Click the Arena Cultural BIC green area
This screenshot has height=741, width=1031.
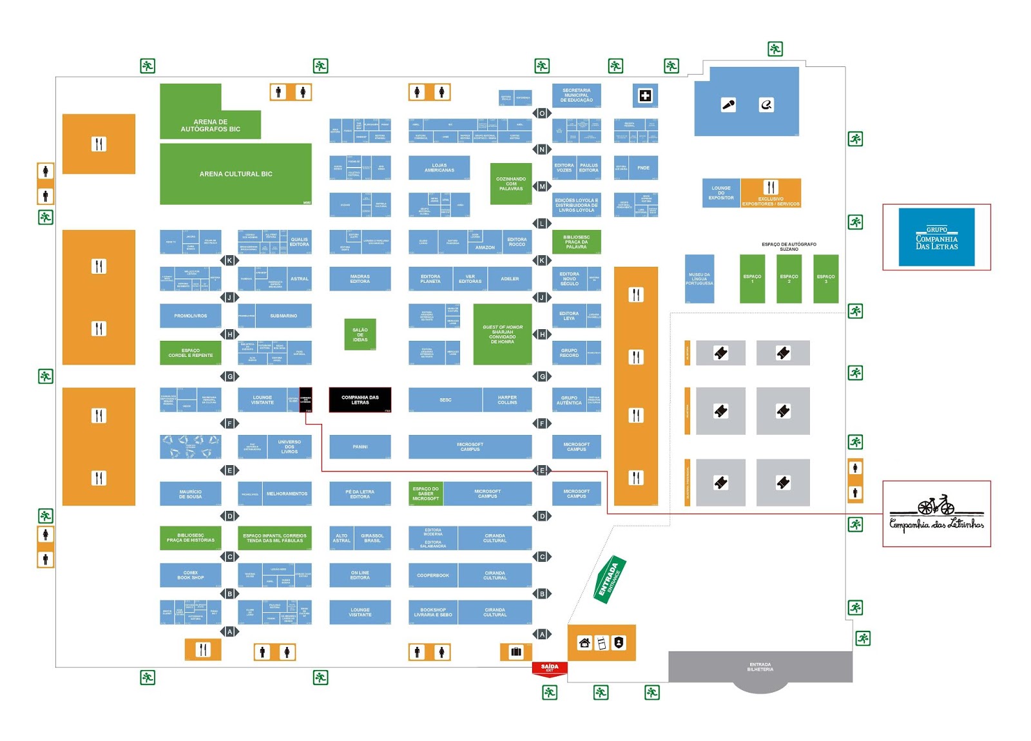click(x=235, y=174)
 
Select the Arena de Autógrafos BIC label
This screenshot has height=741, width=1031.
click(x=210, y=126)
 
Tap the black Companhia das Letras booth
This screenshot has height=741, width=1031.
click(x=360, y=400)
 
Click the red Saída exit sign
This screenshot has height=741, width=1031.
click(x=550, y=668)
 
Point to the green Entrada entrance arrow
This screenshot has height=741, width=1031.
click(x=609, y=579)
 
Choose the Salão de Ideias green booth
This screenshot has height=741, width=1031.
click(x=360, y=334)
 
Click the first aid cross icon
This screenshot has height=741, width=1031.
click(x=644, y=96)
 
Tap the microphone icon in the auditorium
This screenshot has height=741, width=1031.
click(x=728, y=105)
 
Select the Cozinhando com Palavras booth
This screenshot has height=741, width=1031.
click(x=510, y=184)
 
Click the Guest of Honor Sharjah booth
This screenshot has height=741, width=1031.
click(x=503, y=334)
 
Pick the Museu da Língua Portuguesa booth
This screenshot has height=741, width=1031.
click(x=699, y=279)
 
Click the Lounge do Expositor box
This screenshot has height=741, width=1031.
click(x=720, y=193)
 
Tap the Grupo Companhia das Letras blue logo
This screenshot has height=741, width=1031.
click(x=936, y=237)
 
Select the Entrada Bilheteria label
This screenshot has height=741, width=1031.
click(x=760, y=667)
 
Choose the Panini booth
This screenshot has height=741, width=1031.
click(x=360, y=447)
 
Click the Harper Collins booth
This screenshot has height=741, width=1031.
click(x=507, y=400)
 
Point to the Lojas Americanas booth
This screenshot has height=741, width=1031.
click(x=439, y=168)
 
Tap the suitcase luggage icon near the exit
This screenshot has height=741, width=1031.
click(x=516, y=651)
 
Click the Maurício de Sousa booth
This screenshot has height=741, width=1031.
click(x=190, y=494)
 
